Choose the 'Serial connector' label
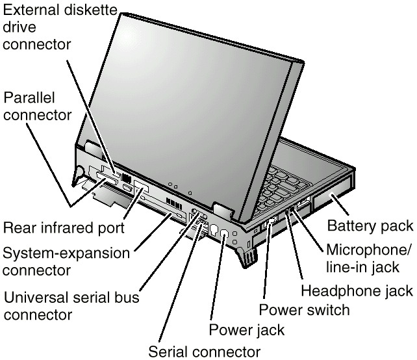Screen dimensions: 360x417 coord(204,352)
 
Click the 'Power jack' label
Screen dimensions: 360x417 coord(246,329)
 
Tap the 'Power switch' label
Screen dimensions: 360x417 coord(304,309)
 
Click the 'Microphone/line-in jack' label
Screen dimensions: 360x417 coord(368,259)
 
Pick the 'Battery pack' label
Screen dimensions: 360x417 coord(370,226)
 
